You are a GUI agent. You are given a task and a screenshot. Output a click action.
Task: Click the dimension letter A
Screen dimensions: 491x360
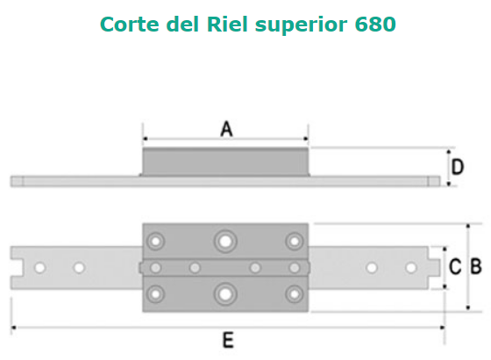(227, 129)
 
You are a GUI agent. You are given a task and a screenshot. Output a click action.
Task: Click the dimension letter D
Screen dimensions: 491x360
(458, 166)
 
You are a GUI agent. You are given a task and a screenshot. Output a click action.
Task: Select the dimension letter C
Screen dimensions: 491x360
(455, 267)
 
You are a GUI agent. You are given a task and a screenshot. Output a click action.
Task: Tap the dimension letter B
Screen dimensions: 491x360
(476, 267)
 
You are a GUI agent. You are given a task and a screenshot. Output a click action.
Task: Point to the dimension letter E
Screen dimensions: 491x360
(228, 341)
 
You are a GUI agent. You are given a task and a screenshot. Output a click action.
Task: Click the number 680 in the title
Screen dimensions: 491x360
(375, 24)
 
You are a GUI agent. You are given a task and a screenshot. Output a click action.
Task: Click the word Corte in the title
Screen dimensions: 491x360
(130, 24)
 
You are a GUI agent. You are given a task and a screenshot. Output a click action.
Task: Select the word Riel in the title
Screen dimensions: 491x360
(227, 24)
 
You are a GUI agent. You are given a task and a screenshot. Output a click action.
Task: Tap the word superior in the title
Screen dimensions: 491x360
(301, 25)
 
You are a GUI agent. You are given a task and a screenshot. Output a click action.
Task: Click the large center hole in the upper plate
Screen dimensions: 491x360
(225, 242)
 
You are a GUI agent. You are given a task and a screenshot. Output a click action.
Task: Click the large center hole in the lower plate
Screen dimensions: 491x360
(225, 294)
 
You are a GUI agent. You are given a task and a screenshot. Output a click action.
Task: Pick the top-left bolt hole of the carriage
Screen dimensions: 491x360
(156, 242)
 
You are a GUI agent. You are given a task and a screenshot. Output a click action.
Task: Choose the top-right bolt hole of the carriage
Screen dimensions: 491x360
(295, 242)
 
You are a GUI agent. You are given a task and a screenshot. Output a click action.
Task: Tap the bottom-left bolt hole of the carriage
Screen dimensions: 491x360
(156, 294)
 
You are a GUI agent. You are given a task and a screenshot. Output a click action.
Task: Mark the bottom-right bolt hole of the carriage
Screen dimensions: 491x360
(295, 294)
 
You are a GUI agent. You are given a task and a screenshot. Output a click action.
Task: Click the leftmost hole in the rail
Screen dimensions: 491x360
(39, 268)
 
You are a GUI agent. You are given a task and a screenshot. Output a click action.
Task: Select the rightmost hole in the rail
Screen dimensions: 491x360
(411, 268)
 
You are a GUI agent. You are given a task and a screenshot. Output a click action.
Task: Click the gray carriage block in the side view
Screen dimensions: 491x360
(225, 162)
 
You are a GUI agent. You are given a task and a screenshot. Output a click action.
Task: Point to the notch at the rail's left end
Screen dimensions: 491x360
(17, 268)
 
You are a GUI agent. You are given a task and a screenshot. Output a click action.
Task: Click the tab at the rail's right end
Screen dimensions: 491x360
(434, 268)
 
